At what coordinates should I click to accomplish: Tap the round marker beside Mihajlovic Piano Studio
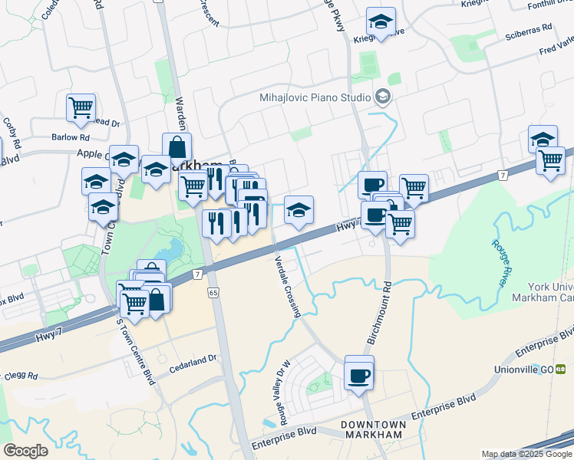(382, 97)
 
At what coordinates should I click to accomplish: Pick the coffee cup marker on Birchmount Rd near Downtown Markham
(359, 376)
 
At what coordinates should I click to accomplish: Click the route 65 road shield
(213, 292)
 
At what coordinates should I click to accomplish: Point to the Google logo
(25, 451)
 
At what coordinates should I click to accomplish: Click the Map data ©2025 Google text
(526, 454)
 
